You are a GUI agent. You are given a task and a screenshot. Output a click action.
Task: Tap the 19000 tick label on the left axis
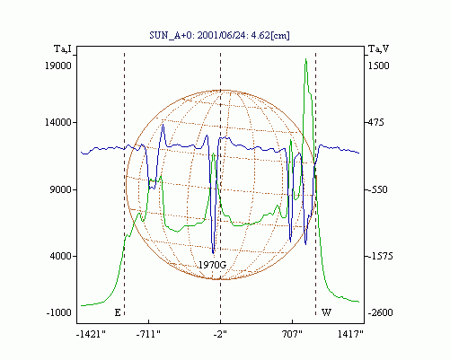point(58,66)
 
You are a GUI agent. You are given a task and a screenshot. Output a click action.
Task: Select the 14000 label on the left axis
point(58,122)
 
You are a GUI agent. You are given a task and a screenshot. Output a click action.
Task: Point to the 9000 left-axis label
point(60,189)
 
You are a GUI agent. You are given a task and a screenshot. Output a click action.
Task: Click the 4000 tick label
point(60,256)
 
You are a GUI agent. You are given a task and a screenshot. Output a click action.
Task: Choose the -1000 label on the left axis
point(59,312)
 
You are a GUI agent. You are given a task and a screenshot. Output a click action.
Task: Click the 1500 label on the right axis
point(378,66)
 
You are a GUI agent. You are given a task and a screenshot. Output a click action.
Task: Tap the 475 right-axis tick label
point(375,122)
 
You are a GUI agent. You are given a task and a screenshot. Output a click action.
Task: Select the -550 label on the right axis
point(378,189)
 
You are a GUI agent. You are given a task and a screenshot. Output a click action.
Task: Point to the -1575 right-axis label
point(380,256)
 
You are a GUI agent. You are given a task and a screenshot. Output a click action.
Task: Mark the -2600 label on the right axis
point(380,312)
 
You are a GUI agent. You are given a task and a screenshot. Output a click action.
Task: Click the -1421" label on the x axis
point(91,334)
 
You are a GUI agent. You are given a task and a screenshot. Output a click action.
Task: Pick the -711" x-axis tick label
point(148,334)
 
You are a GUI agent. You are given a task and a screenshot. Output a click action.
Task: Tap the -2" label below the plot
point(220,334)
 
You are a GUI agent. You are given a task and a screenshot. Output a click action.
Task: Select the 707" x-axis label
point(292,334)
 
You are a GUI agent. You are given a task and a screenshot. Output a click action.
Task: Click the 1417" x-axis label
point(350,334)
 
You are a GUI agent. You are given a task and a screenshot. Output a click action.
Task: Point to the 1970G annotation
point(212,265)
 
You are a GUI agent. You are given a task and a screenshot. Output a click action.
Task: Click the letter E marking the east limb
point(118,312)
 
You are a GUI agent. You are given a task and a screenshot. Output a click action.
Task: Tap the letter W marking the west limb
point(326,312)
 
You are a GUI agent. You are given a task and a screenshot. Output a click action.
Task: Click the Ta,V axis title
point(378,48)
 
